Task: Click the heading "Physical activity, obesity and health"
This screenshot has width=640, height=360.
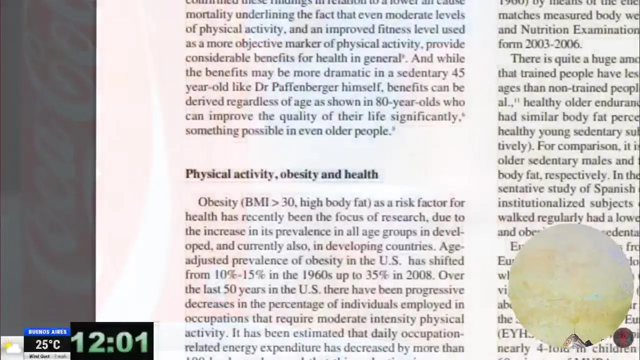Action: click(x=281, y=174)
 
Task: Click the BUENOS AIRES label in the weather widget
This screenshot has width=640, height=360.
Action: click(x=47, y=332)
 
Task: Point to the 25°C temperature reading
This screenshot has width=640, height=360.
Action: click(x=47, y=344)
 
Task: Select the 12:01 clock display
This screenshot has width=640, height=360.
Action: click(x=111, y=342)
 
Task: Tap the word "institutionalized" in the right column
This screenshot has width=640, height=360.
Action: click(x=541, y=203)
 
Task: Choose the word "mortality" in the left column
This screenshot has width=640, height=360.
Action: click(x=207, y=15)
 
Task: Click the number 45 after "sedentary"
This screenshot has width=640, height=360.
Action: click(x=458, y=73)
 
